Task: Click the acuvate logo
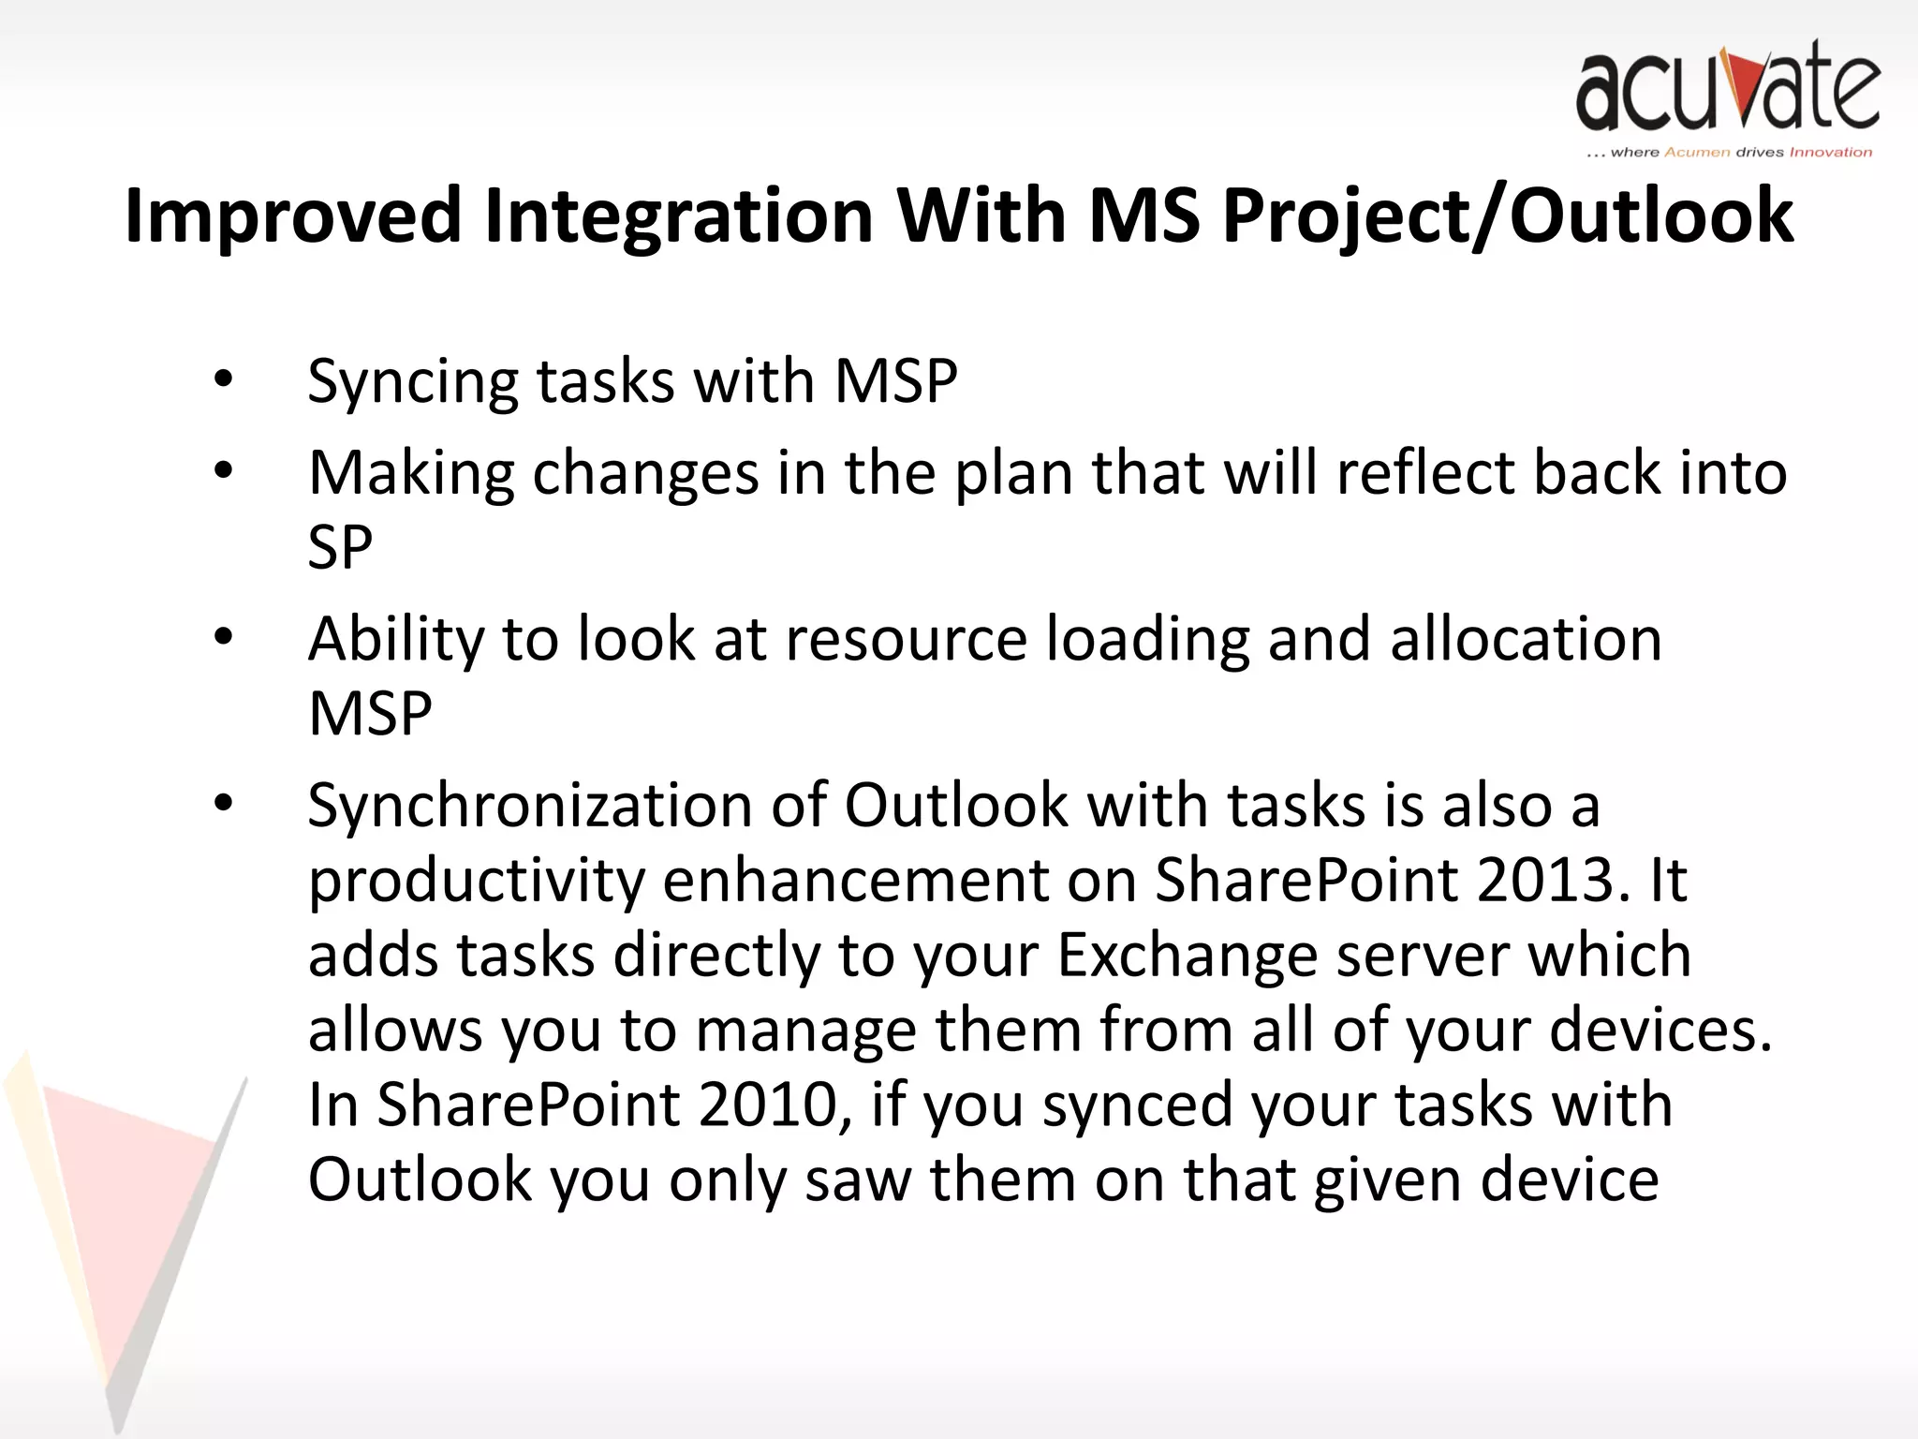pyautogui.click(x=1728, y=86)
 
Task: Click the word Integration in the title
pyautogui.click(x=679, y=215)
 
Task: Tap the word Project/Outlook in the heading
pyautogui.click(x=1508, y=215)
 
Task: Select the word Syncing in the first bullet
pyautogui.click(x=412, y=382)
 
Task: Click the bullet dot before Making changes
pyautogui.click(x=223, y=470)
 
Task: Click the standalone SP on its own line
pyautogui.click(x=340, y=547)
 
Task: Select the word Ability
pyautogui.click(x=396, y=640)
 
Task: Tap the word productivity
pyautogui.click(x=477, y=882)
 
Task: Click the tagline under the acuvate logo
pyautogui.click(x=1729, y=152)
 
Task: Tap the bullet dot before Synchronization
pyautogui.click(x=223, y=803)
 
